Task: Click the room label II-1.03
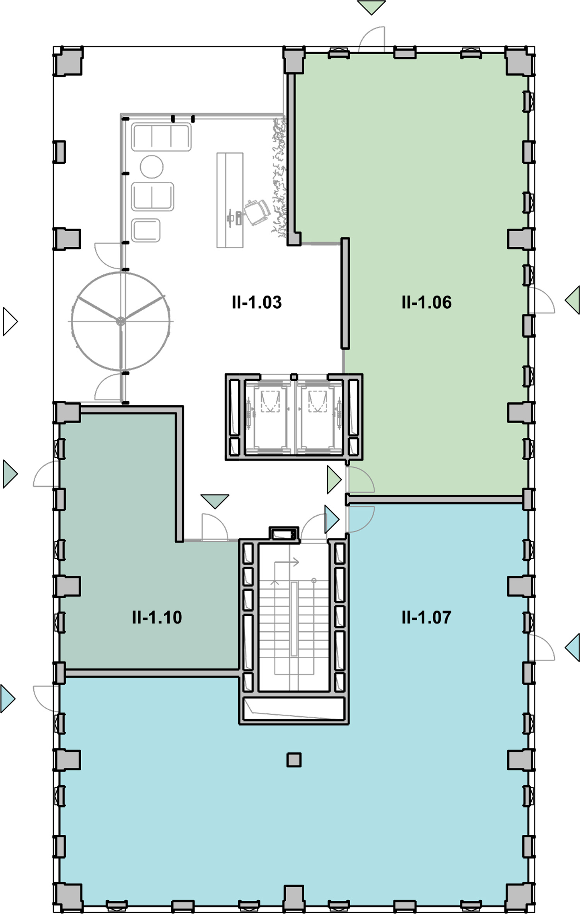pyautogui.click(x=257, y=302)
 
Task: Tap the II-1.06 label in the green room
pyautogui.click(x=426, y=302)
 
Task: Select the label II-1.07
pyautogui.click(x=426, y=617)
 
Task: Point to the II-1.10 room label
pyautogui.click(x=157, y=617)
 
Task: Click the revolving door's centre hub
pyautogui.click(x=121, y=321)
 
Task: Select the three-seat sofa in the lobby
pyautogui.click(x=161, y=137)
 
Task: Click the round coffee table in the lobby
pyautogui.click(x=152, y=167)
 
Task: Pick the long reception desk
pyautogui.click(x=230, y=200)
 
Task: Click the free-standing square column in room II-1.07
pyautogui.click(x=294, y=760)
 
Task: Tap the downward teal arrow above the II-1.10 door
pyautogui.click(x=215, y=501)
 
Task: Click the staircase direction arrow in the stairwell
pyautogui.click(x=286, y=562)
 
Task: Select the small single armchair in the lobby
pyautogui.click(x=146, y=231)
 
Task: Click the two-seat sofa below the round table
pyautogui.click(x=152, y=196)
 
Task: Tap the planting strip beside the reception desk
pyautogui.click(x=280, y=178)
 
